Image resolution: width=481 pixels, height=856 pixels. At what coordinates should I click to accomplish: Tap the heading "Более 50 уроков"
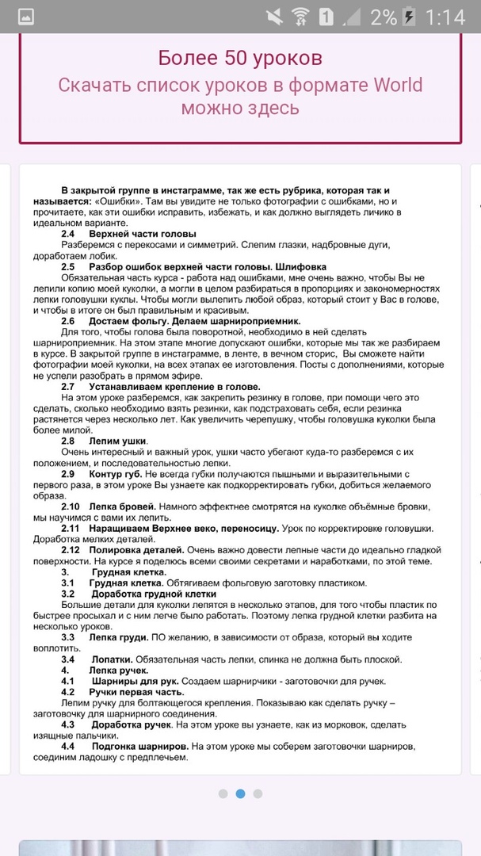tap(240, 58)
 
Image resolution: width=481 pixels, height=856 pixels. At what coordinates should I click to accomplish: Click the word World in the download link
tap(394, 85)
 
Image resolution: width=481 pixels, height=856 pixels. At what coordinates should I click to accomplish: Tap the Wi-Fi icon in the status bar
tap(300, 16)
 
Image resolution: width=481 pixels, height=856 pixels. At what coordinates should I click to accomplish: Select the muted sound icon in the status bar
tap(274, 16)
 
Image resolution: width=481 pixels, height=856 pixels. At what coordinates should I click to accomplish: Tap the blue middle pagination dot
tap(240, 793)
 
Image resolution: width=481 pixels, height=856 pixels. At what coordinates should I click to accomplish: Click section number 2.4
tap(68, 235)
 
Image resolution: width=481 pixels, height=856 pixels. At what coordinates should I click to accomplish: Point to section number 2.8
tap(68, 441)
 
